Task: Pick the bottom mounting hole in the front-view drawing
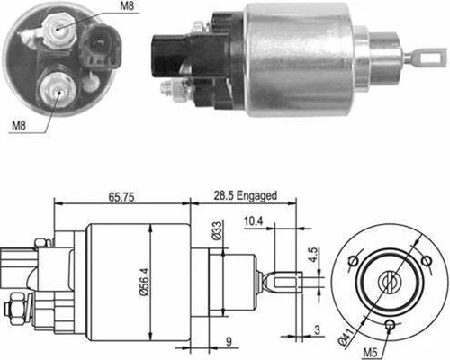pyautogui.click(x=388, y=324)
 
